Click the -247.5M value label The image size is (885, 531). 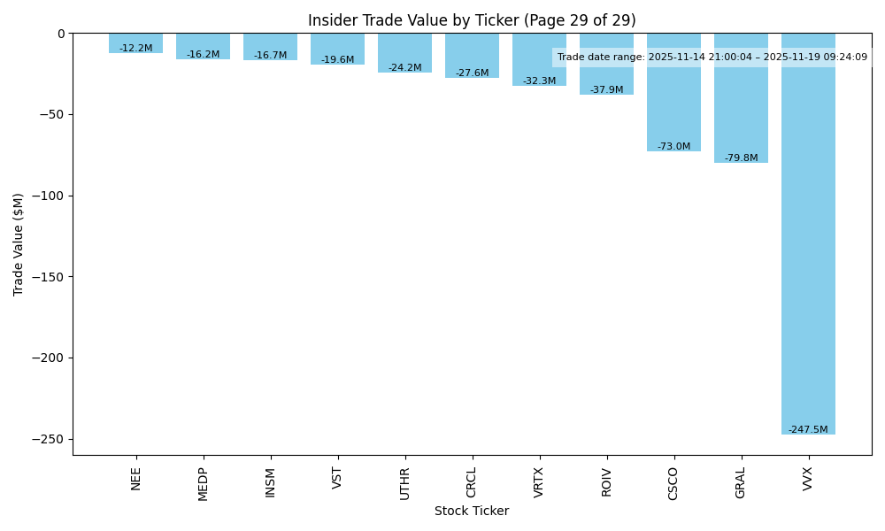[808, 430]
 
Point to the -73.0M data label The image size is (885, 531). [673, 147]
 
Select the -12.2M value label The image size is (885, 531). [136, 49]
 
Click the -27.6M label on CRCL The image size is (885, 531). [472, 73]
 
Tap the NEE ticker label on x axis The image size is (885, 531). [136, 479]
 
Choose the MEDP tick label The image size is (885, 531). [204, 484]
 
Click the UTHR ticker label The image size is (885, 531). [405, 483]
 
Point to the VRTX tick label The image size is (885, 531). [539, 483]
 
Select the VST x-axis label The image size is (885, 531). [337, 478]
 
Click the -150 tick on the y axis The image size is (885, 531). [50, 277]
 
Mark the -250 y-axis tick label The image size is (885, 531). [50, 440]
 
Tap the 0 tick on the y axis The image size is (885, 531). [61, 34]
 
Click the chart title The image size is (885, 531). [472, 20]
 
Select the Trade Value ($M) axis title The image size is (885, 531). [19, 243]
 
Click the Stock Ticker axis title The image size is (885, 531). [472, 512]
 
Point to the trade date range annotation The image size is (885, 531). [712, 58]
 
